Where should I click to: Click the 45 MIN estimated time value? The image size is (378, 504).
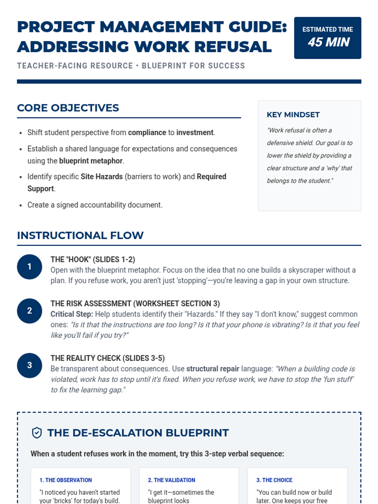coord(329,42)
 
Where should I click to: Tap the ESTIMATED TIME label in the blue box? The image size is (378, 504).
coord(328,29)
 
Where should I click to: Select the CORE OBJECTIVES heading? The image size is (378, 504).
coord(68,108)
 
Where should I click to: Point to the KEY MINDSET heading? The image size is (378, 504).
coord(293,115)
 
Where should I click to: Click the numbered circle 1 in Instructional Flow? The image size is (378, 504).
coord(30,267)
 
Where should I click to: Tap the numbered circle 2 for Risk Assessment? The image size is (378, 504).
coord(30,311)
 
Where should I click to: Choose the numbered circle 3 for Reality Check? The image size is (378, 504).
coord(30,365)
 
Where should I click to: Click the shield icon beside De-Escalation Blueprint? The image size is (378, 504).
coord(37,433)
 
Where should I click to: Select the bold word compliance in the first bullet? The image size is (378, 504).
coord(147,133)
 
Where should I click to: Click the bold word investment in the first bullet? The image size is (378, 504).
coord(195,133)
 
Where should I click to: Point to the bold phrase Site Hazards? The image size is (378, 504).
coord(101,177)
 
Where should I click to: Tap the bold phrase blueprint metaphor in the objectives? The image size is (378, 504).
coord(91,161)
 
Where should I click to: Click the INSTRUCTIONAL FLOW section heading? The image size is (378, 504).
coord(80,235)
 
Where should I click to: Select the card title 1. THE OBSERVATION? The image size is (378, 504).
coord(66,480)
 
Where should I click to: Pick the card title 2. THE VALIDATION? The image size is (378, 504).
coord(171,480)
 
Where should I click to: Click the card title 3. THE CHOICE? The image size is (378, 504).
coord(274,480)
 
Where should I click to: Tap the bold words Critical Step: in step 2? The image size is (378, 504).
coord(72,314)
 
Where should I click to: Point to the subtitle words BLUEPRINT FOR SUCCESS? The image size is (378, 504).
coord(193,66)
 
